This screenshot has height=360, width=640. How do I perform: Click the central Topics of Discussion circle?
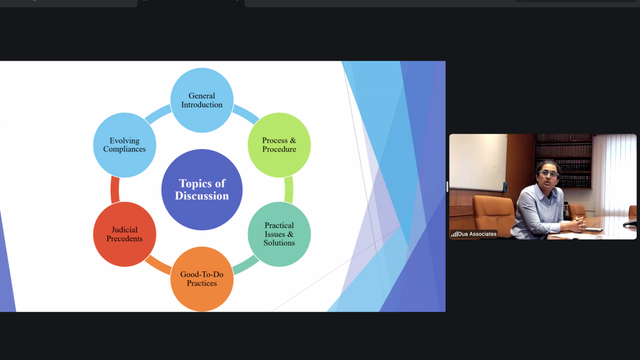[202, 190]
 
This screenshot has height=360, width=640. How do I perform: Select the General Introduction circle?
[202, 100]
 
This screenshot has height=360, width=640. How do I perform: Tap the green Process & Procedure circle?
[279, 145]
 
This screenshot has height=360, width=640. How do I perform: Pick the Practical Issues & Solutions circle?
[279, 234]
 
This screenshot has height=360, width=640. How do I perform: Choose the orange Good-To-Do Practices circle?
[202, 279]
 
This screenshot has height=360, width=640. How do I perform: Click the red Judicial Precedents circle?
[125, 234]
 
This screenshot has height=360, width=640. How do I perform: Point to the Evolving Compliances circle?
[125, 145]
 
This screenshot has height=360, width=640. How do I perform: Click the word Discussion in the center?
[202, 196]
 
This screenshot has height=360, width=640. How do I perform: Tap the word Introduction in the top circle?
[202, 105]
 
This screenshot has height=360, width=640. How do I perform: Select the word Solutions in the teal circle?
[279, 243]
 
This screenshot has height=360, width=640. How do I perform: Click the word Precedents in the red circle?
[125, 238]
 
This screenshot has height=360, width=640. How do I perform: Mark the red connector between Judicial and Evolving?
[115, 190]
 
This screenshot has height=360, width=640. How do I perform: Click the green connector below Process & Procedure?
[289, 190]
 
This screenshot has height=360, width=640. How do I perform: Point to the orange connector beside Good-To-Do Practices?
[158, 265]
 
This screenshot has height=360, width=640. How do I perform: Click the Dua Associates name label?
[477, 234]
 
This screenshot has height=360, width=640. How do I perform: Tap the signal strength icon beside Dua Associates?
[454, 234]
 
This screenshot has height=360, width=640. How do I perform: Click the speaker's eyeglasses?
[548, 173]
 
